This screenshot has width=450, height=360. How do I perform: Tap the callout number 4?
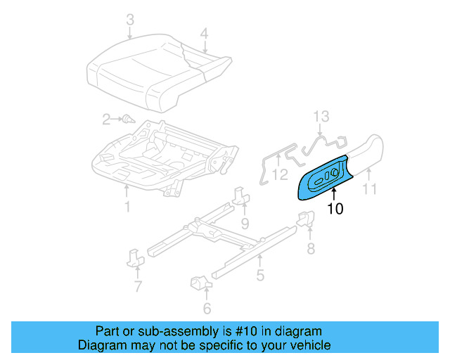point(204,32)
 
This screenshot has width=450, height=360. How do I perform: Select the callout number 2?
point(106,120)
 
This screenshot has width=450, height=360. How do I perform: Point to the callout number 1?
point(127,207)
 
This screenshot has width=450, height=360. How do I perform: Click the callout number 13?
point(321,116)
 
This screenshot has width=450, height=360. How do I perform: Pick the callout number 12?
point(279,174)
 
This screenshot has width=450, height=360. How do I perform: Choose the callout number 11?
point(369,188)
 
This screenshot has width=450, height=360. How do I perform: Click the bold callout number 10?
point(335,209)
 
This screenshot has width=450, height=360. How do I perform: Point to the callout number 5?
point(260,276)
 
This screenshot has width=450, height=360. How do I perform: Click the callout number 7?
point(138,286)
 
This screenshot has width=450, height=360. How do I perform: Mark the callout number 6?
point(207,308)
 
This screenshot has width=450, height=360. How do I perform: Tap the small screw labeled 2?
point(127,120)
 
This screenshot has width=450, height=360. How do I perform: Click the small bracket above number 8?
point(306,220)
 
